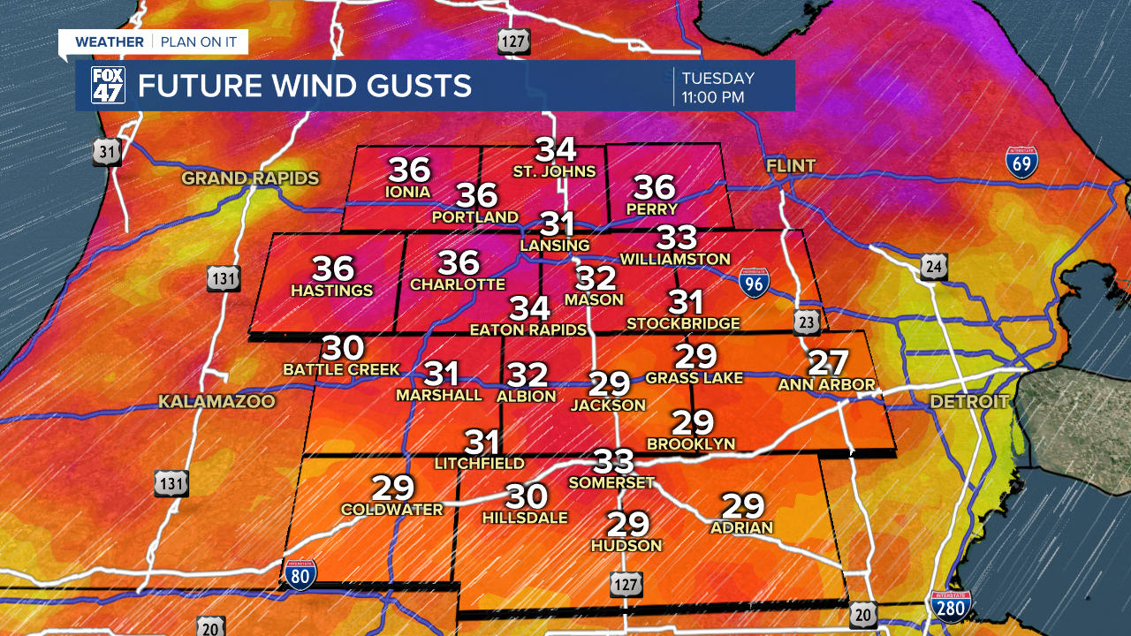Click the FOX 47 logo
(x=108, y=86)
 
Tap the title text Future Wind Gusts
(x=304, y=87)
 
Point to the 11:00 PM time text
(x=713, y=97)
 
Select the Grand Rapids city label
(x=250, y=178)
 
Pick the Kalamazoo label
(x=216, y=402)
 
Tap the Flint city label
(x=791, y=166)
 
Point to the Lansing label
(x=555, y=245)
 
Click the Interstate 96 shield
(x=754, y=282)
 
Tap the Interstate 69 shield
(x=1022, y=163)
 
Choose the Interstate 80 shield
(x=300, y=574)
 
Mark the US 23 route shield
(x=806, y=323)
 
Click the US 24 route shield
(x=934, y=266)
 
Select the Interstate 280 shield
(x=951, y=607)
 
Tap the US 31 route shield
(x=107, y=152)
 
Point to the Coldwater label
(x=392, y=510)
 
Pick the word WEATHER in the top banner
(x=110, y=42)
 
